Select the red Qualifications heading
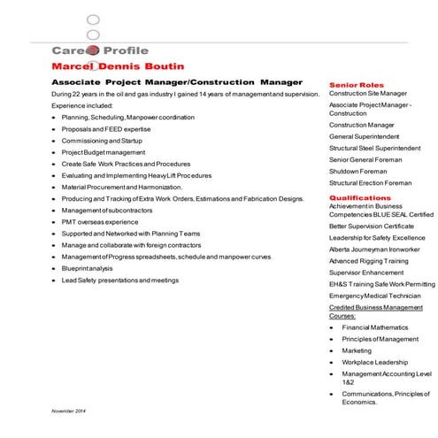[x=360, y=196]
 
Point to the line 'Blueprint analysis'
[x=88, y=267]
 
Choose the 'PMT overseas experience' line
[x=100, y=221]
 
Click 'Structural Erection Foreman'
[x=370, y=182]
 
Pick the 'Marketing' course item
[x=357, y=350]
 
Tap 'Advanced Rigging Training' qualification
[x=369, y=261]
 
